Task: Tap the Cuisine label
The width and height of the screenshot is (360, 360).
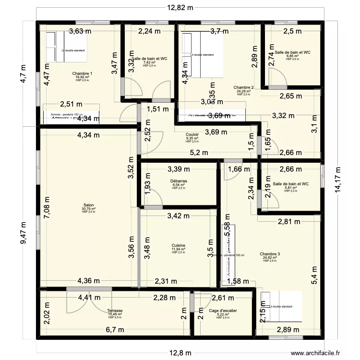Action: click(x=179, y=245)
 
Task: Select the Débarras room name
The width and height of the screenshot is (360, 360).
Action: click(x=179, y=181)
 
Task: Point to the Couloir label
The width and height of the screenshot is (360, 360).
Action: click(x=192, y=135)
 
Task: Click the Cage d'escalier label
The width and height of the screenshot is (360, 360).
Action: click(x=222, y=311)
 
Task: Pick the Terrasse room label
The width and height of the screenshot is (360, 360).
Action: click(x=115, y=311)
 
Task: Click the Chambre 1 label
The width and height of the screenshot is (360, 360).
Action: click(x=82, y=73)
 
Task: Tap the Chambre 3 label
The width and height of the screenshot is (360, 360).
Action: click(x=270, y=254)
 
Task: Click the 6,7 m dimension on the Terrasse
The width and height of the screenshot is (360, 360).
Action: click(x=115, y=330)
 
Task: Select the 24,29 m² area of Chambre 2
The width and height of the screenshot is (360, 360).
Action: click(x=244, y=91)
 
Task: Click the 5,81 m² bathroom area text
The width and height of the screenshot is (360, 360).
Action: click(x=291, y=188)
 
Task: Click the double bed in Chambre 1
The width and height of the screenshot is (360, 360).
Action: click(x=67, y=47)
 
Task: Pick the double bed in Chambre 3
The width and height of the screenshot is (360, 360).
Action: click(x=280, y=306)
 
